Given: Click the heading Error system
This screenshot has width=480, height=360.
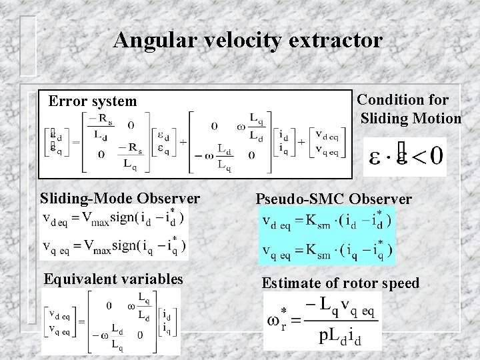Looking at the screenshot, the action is (93, 101).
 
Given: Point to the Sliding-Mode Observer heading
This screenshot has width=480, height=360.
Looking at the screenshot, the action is (120, 198).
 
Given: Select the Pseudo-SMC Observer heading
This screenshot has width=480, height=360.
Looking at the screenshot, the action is (334, 199).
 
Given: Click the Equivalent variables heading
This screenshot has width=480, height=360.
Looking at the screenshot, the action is (113, 279).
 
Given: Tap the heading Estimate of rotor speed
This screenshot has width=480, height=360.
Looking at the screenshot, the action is (341, 283).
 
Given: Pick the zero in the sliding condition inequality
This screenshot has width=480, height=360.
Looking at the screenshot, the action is (436, 157).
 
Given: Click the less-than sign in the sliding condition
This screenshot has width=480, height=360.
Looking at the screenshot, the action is (416, 158).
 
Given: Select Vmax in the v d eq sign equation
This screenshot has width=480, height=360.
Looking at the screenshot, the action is (97, 219).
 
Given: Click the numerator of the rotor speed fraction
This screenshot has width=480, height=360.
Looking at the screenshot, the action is (340, 307).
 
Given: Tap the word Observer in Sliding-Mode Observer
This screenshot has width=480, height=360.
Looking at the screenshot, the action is (169, 198).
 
